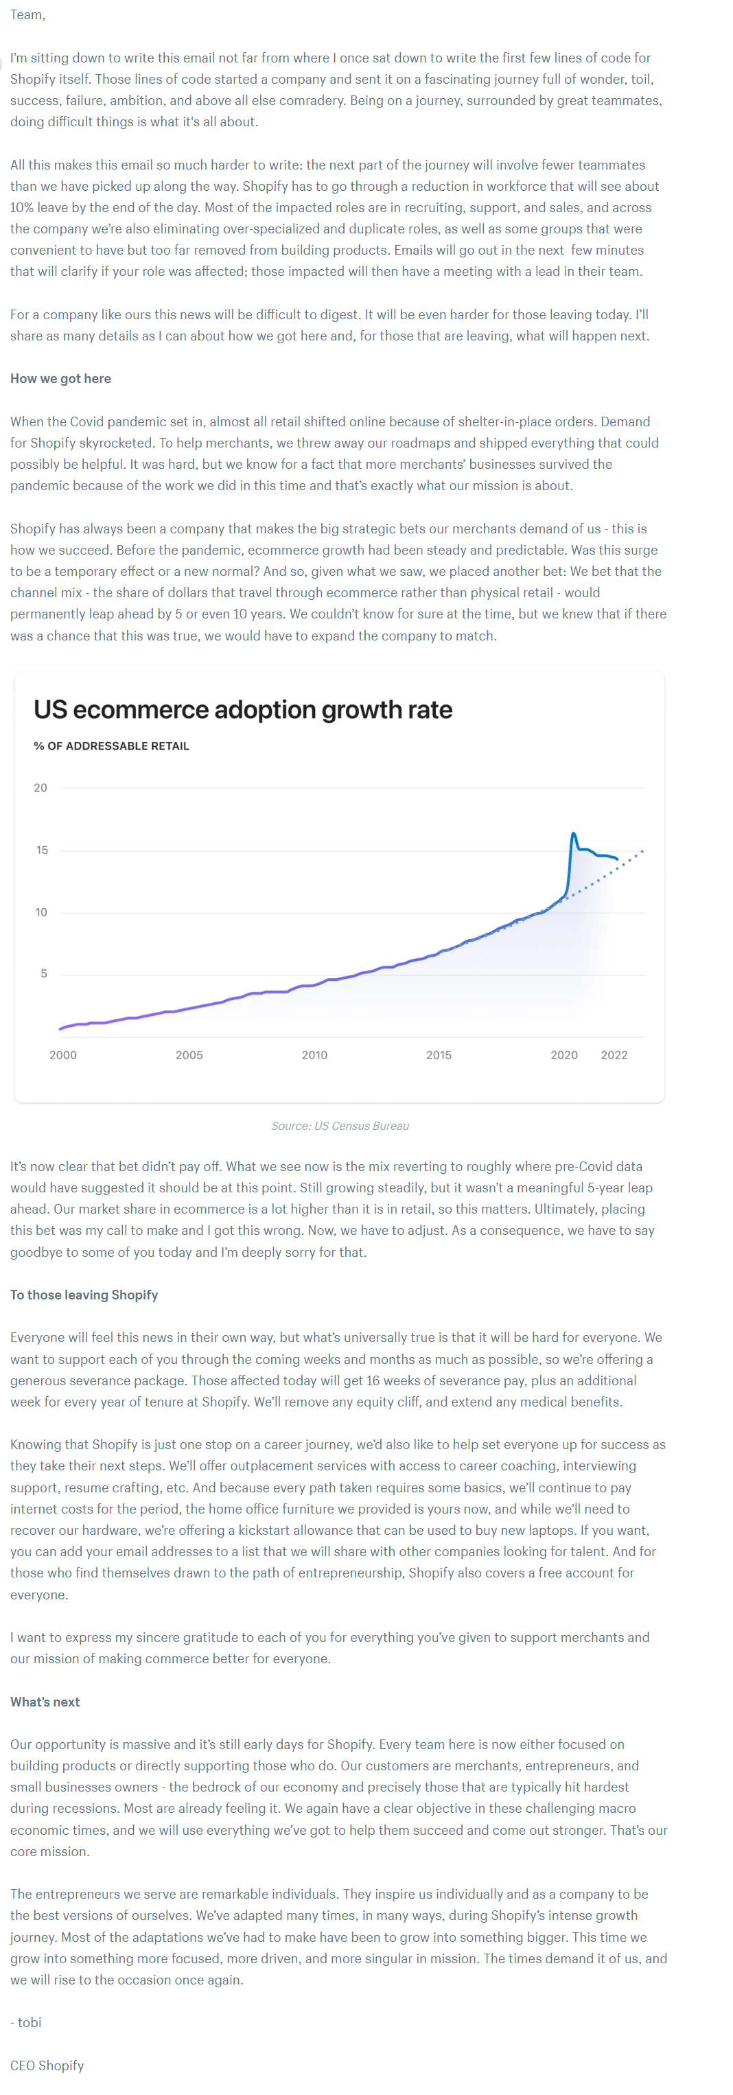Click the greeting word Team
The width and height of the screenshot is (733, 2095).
pos(27,14)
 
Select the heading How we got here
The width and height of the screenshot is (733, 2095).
pos(60,378)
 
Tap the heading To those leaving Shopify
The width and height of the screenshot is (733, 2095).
pos(84,1294)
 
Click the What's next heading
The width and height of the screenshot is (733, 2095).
pos(45,1702)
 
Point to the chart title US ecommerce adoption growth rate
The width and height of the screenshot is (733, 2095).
pos(242,709)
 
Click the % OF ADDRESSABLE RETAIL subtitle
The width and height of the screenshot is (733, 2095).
pos(110,745)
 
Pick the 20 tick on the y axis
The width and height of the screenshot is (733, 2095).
pos(40,787)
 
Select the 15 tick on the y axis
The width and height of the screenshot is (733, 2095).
pos(41,850)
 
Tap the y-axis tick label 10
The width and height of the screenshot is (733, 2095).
pos(40,912)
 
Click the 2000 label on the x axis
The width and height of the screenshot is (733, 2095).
pos(62,1055)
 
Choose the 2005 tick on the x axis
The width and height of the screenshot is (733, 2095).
pos(189,1055)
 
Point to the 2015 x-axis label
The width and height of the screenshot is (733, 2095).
pos(439,1055)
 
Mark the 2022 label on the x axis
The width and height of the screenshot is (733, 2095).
pos(614,1055)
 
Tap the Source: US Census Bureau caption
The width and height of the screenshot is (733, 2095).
pos(340,1126)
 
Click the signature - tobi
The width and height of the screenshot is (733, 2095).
pos(26,2022)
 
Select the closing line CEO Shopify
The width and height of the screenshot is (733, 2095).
pos(47,2065)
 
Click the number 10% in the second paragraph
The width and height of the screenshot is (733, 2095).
pos(22,207)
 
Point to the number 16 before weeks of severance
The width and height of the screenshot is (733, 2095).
pos(373,1380)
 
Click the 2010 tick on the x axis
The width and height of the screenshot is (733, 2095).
pos(314,1055)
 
